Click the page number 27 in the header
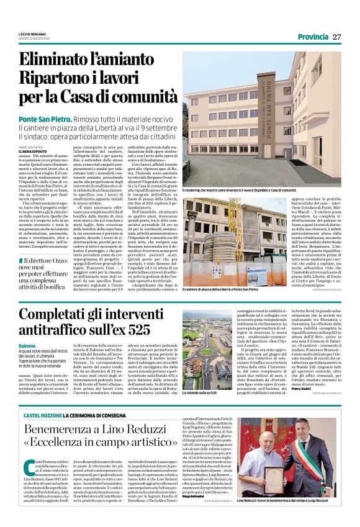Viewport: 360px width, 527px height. (x=336, y=37)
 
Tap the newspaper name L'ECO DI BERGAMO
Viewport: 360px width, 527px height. (x=32, y=34)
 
